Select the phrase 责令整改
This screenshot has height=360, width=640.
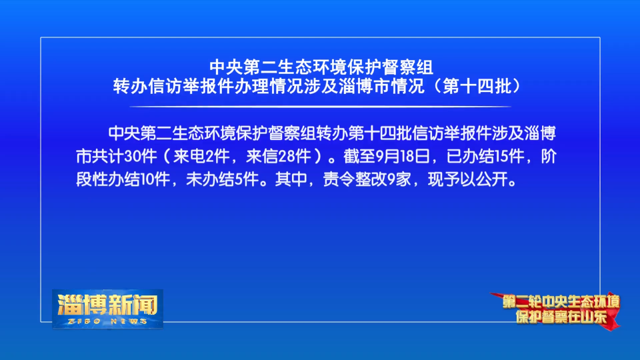[x=355, y=179]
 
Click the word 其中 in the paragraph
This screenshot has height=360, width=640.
[x=291, y=179]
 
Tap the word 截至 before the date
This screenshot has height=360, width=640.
[x=359, y=156]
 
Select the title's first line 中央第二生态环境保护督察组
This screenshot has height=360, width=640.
[x=321, y=67]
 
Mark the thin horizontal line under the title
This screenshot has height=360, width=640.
[x=320, y=107]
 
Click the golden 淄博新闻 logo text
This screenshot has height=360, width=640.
[x=108, y=304]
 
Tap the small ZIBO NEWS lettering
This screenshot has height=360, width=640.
[x=107, y=321]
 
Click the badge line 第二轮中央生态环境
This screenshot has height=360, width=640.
[x=561, y=301]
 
